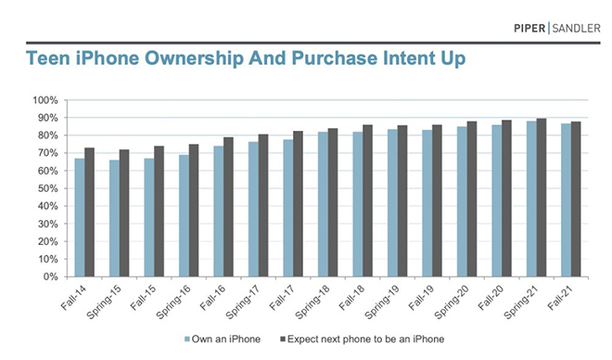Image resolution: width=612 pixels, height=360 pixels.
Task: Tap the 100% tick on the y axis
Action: (x=45, y=99)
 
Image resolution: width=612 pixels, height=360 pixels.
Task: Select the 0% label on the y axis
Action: (x=52, y=276)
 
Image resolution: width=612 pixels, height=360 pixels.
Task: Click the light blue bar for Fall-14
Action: (x=80, y=217)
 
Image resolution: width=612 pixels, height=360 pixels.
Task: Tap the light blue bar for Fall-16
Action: (x=219, y=211)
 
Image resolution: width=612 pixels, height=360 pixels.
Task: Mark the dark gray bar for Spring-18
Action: (x=333, y=202)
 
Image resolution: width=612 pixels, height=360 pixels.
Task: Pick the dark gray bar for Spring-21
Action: (x=542, y=198)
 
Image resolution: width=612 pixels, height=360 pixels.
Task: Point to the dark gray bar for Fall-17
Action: (x=298, y=204)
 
